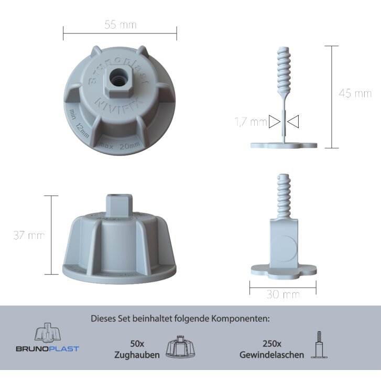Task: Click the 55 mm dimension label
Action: point(121,25)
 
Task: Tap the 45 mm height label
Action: point(355,93)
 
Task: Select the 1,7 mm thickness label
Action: point(251,122)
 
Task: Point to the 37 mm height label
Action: point(29,235)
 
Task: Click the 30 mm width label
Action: point(283,294)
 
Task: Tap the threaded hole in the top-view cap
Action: point(118,77)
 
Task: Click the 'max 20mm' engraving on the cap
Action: point(119,146)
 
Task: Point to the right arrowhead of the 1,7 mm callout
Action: point(293,122)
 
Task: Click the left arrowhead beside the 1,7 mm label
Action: point(275,122)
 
